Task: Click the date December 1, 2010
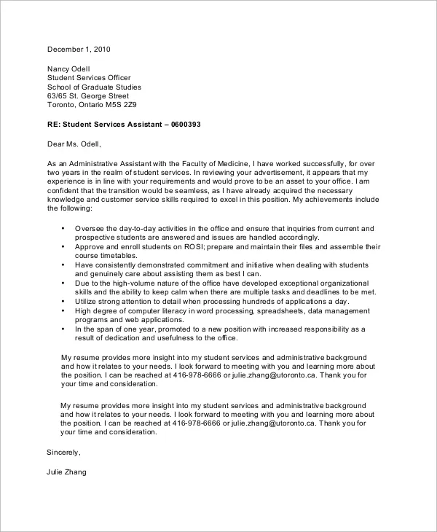(x=78, y=50)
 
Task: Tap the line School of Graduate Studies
(x=94, y=87)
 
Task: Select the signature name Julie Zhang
(x=67, y=472)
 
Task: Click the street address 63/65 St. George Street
(x=88, y=96)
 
